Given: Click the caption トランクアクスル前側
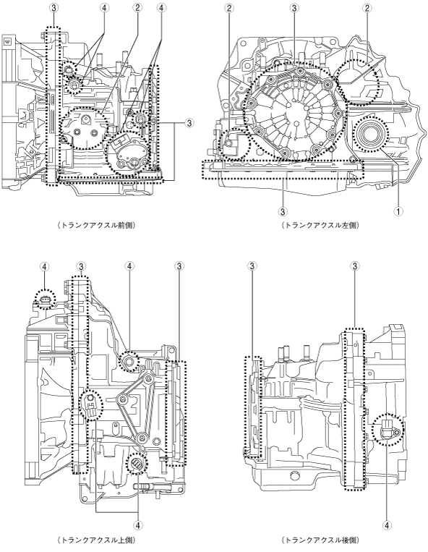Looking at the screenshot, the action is click(96, 225).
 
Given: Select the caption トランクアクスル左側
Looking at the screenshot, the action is click(320, 225).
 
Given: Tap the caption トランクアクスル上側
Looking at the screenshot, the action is click(96, 540).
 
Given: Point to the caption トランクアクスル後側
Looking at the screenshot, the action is click(320, 540).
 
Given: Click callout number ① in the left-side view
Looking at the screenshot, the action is click(398, 211).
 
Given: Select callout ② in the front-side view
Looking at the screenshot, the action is click(137, 8).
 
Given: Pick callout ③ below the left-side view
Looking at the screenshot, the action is click(283, 211).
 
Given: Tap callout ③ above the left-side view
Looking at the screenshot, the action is click(295, 8).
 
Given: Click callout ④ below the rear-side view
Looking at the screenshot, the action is click(387, 526).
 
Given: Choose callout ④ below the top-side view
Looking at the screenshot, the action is click(138, 526).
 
